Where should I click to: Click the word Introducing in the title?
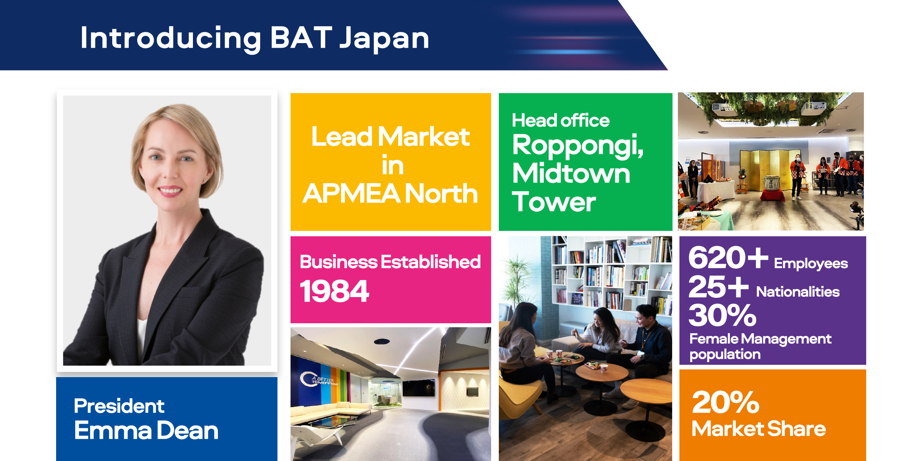tap(171, 38)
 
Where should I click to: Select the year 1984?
tap(334, 291)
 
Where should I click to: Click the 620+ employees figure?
tap(728, 257)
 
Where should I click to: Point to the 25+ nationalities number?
tap(718, 287)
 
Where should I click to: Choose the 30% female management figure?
tap(722, 315)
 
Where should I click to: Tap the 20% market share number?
tap(726, 402)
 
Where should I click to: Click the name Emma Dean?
tap(146, 430)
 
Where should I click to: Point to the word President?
tap(119, 406)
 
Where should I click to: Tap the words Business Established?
tap(390, 262)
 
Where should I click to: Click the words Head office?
tap(561, 120)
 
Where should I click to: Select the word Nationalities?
tap(798, 292)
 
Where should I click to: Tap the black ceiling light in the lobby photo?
tap(382, 341)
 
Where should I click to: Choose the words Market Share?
tap(759, 429)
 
